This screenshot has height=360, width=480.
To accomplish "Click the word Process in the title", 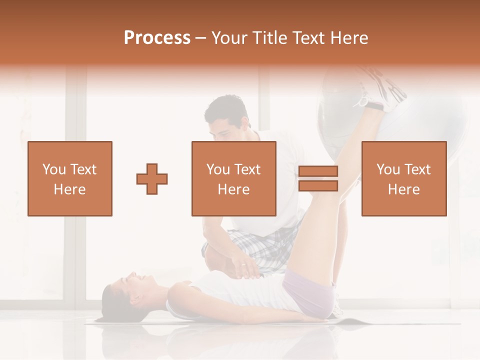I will pos(157,38).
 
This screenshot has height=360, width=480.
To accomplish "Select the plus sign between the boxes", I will pos(152,178).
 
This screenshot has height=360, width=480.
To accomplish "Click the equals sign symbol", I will pos(318,178).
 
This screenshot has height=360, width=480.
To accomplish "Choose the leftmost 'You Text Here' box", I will pos(70,178).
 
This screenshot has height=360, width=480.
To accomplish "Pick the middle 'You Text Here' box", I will pos(234,178).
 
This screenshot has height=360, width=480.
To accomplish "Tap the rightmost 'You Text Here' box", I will pos(404,178).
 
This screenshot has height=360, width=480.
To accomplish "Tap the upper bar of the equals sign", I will pos(318,171).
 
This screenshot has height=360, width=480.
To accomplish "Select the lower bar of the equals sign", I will pos(318,185).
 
